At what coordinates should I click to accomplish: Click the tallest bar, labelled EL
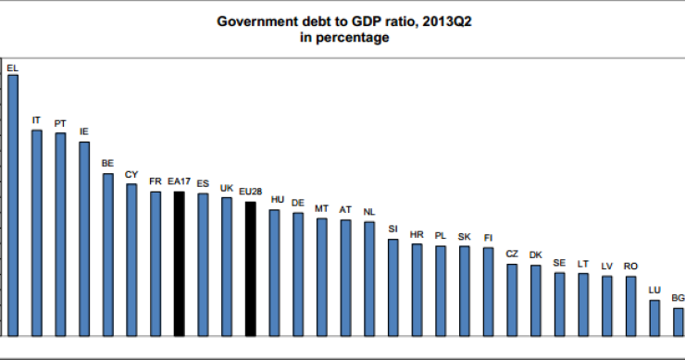[13, 204]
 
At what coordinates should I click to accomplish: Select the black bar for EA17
[180, 263]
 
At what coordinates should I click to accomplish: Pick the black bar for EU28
[250, 268]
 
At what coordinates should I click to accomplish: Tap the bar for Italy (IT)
[37, 231]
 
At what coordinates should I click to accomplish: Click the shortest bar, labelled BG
[679, 321]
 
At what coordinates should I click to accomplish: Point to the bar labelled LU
[654, 317]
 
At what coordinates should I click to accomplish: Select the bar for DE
[298, 273]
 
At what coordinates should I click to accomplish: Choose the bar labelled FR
[156, 263]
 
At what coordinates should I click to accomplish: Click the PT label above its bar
[60, 123]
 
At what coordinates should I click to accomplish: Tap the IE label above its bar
[84, 132]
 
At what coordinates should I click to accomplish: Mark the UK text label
[226, 187]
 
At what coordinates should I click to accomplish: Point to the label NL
[369, 212]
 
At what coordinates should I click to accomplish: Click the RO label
[630, 266]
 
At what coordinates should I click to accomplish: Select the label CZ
[512, 254]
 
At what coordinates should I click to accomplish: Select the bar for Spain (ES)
[203, 264]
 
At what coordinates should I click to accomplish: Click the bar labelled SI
[393, 287]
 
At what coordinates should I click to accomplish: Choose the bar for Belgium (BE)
[108, 254]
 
